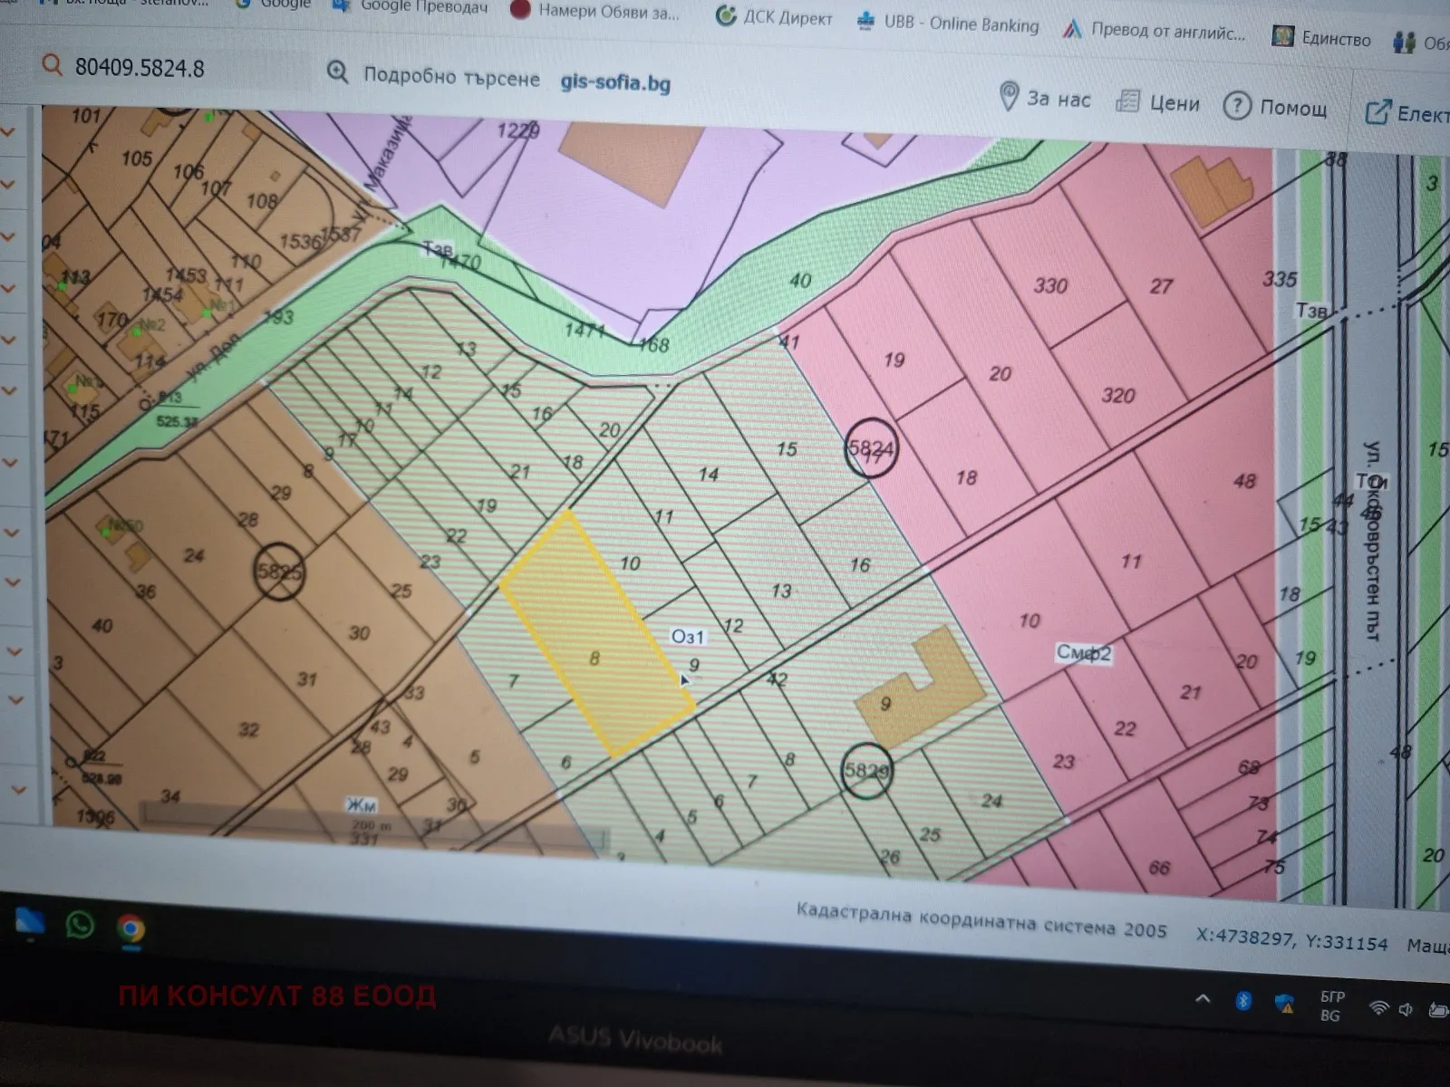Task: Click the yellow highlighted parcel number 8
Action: pyautogui.click(x=594, y=659)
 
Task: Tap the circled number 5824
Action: pyautogui.click(x=870, y=447)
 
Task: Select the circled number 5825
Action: pyautogui.click(x=279, y=572)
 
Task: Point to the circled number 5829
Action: pyautogui.click(x=866, y=771)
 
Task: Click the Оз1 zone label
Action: pyautogui.click(x=687, y=636)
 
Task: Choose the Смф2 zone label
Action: pyautogui.click(x=1084, y=652)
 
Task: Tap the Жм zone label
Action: pyautogui.click(x=361, y=804)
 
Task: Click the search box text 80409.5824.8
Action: pyautogui.click(x=140, y=68)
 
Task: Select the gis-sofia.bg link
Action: pyautogui.click(x=615, y=82)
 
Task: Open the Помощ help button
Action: pyautogui.click(x=1276, y=107)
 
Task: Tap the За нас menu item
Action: pyautogui.click(x=1045, y=98)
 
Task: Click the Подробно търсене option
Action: pyautogui.click(x=434, y=76)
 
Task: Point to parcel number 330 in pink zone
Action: pyautogui.click(x=1050, y=286)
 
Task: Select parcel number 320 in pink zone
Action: pyautogui.click(x=1117, y=396)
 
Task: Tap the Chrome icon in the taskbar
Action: pyautogui.click(x=131, y=928)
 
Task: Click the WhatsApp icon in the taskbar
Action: pyautogui.click(x=80, y=925)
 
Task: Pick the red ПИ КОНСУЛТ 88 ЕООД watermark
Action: pyautogui.click(x=277, y=996)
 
